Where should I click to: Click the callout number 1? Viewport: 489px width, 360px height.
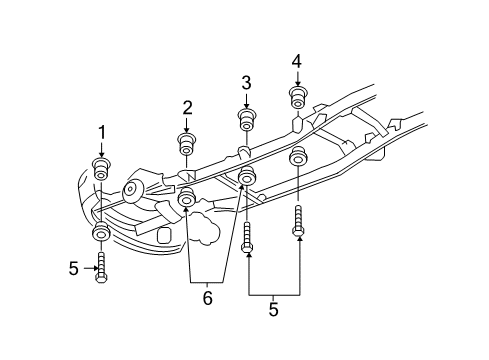[101, 132]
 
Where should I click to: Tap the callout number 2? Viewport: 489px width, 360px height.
[187, 107]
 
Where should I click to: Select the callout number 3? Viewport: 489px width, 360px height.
[246, 82]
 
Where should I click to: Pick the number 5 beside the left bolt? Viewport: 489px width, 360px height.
[73, 268]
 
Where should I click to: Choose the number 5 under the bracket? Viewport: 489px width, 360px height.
[273, 311]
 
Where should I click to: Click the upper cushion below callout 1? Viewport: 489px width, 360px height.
[101, 168]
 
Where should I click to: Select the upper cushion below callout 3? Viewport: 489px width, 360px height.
[246, 122]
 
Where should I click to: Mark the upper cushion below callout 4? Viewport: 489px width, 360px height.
[297, 99]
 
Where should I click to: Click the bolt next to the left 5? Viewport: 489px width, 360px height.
[101, 268]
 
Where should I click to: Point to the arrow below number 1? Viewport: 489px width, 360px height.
[101, 148]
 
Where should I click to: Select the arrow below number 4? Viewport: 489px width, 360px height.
[297, 78]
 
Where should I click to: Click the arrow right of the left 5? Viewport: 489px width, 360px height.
[87, 268]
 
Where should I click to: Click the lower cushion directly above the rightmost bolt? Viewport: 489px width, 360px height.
[298, 158]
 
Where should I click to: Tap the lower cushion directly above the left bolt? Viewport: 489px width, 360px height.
[101, 235]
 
